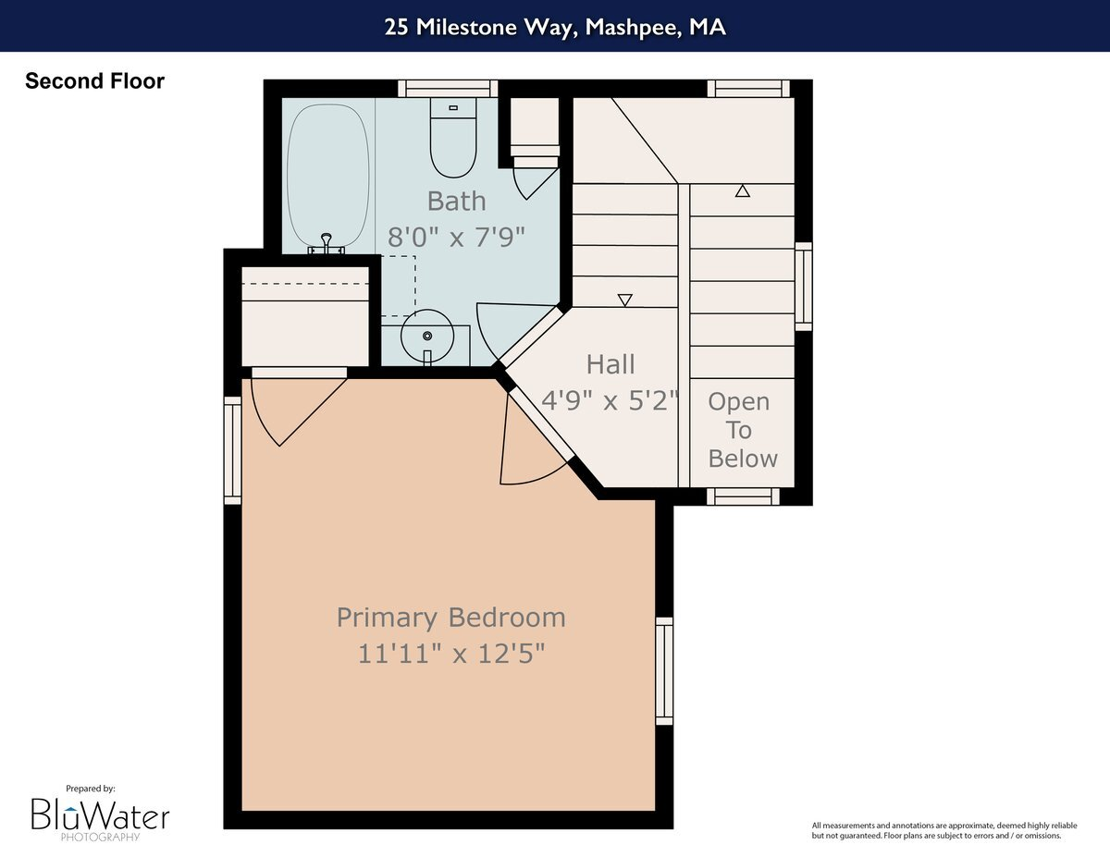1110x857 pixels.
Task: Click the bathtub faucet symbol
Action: pyautogui.click(x=326, y=243)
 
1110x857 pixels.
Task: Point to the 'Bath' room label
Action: pyautogui.click(x=456, y=201)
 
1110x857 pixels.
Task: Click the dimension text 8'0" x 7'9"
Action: pyautogui.click(x=456, y=237)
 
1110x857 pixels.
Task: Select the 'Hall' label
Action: pyautogui.click(x=610, y=364)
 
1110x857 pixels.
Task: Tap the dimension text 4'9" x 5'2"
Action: pyautogui.click(x=610, y=400)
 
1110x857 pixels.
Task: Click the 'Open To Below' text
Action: pyautogui.click(x=740, y=430)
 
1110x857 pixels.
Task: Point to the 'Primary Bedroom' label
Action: pyautogui.click(x=450, y=617)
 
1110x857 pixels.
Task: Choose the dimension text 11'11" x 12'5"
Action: pyautogui.click(x=450, y=654)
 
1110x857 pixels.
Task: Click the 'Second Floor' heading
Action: pyautogui.click(x=94, y=81)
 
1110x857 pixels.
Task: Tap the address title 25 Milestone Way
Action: pyautogui.click(x=555, y=26)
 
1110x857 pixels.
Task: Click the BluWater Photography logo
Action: pyautogui.click(x=100, y=814)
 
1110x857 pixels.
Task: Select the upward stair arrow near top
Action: pyautogui.click(x=742, y=191)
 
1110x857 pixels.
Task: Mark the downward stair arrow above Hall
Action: pyautogui.click(x=624, y=300)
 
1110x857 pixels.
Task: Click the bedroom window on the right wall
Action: pyautogui.click(x=664, y=670)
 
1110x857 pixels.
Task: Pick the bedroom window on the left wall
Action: pyautogui.click(x=232, y=450)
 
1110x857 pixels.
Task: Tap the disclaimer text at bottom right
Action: pyautogui.click(x=936, y=830)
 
